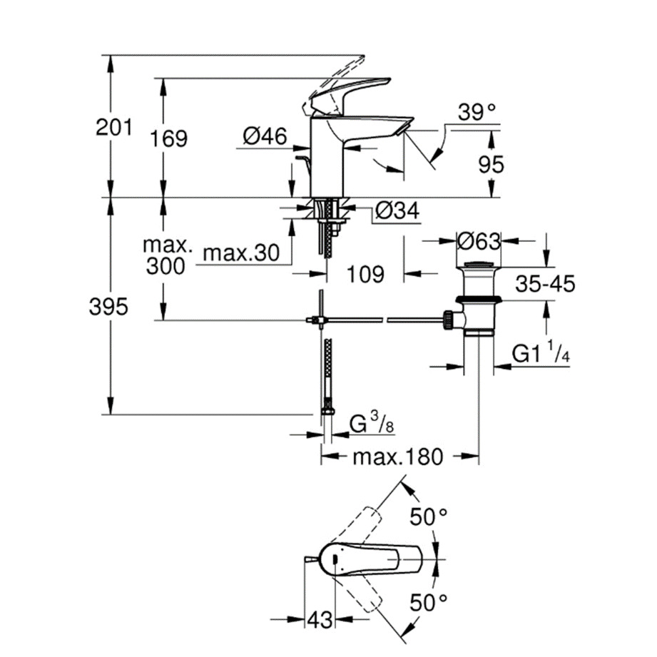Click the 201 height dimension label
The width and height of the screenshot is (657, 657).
[115, 128]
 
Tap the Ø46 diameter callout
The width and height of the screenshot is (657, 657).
[265, 135]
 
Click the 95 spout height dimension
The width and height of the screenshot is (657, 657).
[490, 164]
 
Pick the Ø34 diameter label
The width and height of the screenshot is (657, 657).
[396, 211]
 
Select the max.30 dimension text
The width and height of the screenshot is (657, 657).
[238, 253]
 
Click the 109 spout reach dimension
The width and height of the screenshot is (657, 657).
[366, 274]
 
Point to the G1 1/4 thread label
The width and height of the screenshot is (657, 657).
[540, 355]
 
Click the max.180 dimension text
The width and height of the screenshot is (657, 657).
[398, 457]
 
